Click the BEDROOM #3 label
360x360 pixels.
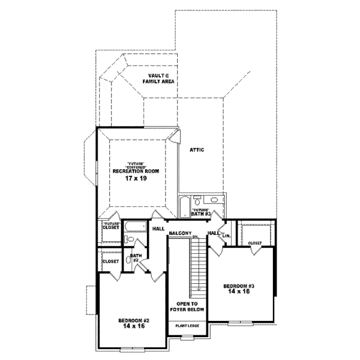click(239, 285)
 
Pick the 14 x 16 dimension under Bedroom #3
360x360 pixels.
click(239, 292)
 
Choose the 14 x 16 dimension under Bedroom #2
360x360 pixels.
click(134, 328)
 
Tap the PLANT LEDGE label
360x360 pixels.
click(187, 325)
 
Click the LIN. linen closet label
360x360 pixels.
click(227, 236)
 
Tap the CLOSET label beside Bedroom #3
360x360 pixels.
click(255, 243)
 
